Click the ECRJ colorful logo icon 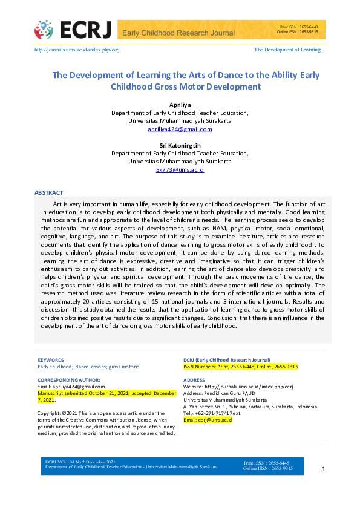tap(44, 29)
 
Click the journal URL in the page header tap(77, 50)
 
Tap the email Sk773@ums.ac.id tap(180, 170)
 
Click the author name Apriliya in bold tap(180, 105)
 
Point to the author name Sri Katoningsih tap(180, 146)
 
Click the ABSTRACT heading tap(48, 192)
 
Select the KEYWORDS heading tap(51, 360)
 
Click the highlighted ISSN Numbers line tap(240, 367)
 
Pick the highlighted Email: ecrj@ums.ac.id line tap(208, 420)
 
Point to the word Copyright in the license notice tap(49, 413)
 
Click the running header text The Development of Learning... tap(289, 50)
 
